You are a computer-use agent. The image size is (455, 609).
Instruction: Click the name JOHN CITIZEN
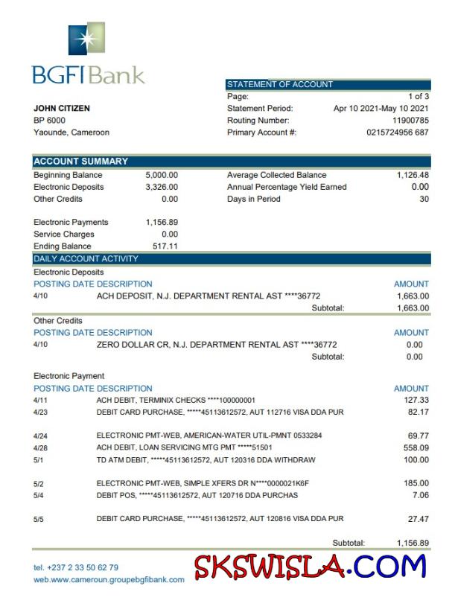62,109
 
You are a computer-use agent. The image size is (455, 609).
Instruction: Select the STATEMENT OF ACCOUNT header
280,85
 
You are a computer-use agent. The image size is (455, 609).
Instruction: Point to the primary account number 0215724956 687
398,133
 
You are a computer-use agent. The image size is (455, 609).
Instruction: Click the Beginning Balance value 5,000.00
162,176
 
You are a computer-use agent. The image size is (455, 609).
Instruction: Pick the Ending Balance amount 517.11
165,246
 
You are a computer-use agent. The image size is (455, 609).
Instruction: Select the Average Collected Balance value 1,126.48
413,176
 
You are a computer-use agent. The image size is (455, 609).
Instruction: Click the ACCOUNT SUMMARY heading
81,162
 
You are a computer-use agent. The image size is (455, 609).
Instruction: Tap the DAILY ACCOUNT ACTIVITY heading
86,259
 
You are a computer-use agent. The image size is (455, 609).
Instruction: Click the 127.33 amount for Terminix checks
416,401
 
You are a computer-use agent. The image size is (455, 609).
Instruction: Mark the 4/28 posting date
40,447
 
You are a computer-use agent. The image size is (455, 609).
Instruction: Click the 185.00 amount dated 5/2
416,483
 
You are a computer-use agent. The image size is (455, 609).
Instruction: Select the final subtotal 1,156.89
413,543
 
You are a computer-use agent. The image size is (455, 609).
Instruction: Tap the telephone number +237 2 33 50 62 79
76,567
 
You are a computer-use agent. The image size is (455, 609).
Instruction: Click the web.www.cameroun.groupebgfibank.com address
109,579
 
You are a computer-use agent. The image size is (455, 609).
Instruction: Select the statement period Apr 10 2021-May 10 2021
381,109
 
